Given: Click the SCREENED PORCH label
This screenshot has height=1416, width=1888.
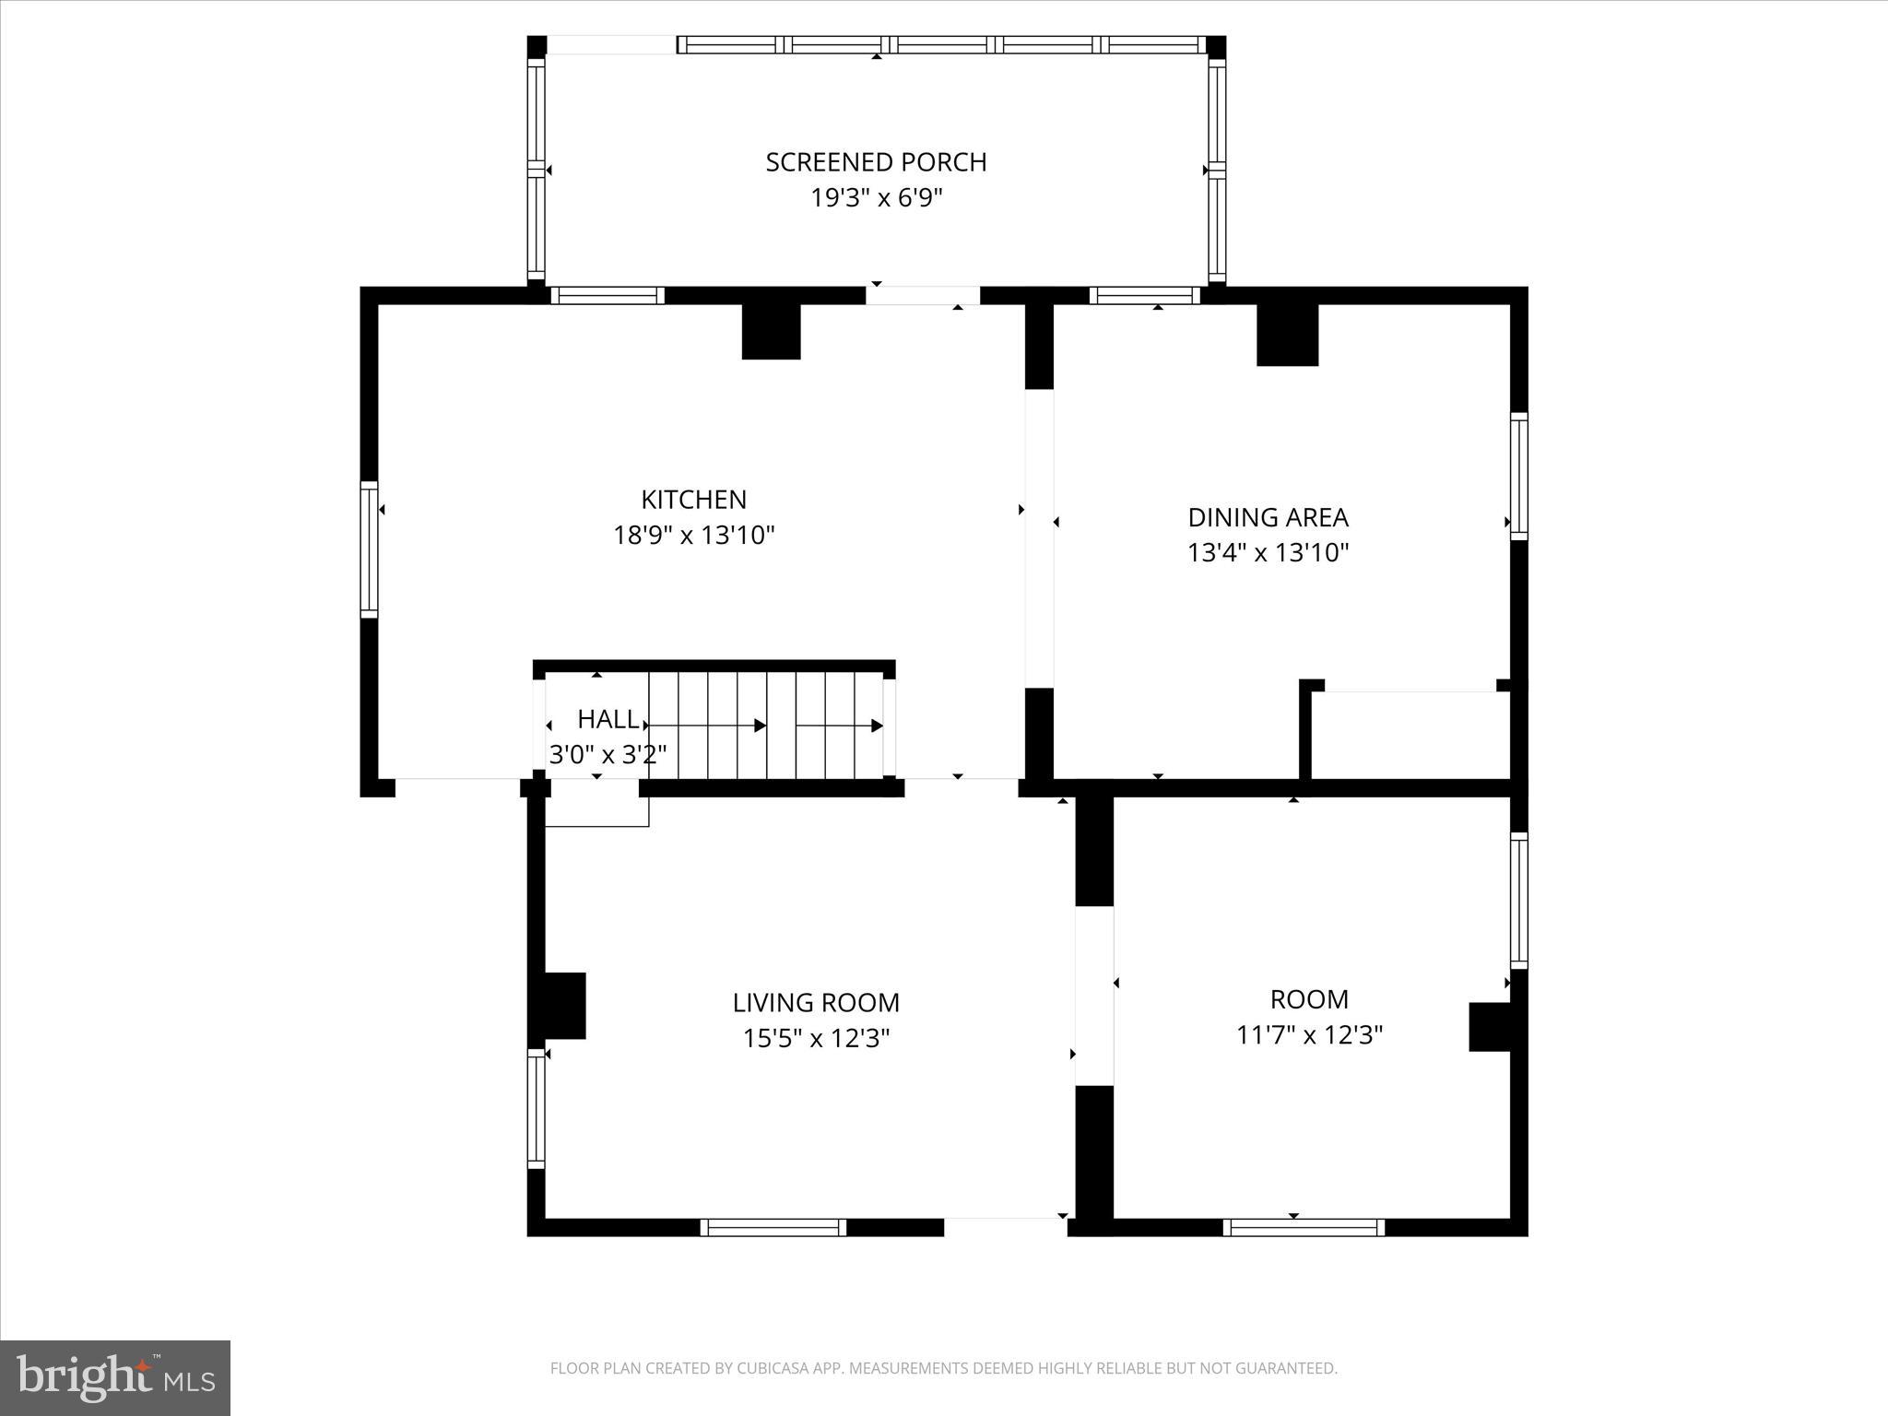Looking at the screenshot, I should click(x=876, y=162).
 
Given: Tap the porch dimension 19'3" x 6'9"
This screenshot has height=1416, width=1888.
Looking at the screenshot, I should click(x=876, y=198).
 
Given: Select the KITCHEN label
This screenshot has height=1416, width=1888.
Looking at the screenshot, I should click(x=693, y=500).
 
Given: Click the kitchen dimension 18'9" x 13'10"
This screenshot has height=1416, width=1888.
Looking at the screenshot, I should click(x=693, y=536).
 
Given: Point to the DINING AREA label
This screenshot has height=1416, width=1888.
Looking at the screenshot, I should click(x=1268, y=517).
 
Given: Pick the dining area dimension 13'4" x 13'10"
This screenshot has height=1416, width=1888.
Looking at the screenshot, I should click(x=1268, y=553).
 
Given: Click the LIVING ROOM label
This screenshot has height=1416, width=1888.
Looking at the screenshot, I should click(x=816, y=1003).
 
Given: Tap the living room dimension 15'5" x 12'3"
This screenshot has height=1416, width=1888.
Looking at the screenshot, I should click(x=816, y=1039).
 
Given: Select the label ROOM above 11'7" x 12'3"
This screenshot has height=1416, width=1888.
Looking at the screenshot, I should click(x=1309, y=999).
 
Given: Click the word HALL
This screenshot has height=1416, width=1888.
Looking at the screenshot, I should click(x=608, y=719).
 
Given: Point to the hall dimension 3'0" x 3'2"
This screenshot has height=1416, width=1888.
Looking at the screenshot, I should click(x=608, y=755).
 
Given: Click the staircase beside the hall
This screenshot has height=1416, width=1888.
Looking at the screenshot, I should click(x=765, y=726).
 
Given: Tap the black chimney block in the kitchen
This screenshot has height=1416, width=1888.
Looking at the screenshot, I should click(x=771, y=331).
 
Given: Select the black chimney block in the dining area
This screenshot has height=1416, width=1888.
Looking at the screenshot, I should click(x=1287, y=334).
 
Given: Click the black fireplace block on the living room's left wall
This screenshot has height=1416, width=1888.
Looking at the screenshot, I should click(x=563, y=1006).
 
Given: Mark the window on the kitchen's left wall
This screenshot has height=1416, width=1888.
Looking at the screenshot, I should click(x=369, y=549).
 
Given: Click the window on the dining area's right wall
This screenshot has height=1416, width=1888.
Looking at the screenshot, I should click(x=1517, y=477).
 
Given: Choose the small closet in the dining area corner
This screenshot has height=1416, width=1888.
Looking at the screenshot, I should click(x=1410, y=735).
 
